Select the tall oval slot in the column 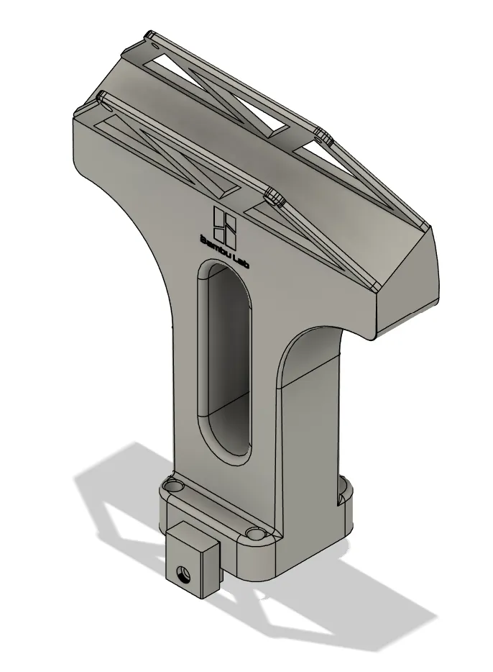click(x=226, y=360)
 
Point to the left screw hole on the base click(x=172, y=486)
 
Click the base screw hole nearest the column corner click(x=256, y=534)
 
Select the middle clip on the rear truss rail click(x=321, y=134)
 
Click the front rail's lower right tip click(x=375, y=285)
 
